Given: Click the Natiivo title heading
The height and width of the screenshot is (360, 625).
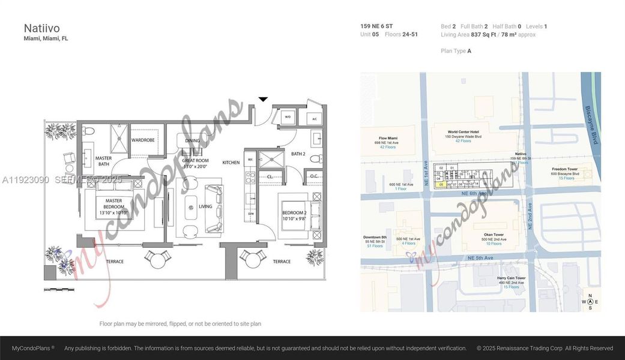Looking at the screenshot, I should click(41, 28).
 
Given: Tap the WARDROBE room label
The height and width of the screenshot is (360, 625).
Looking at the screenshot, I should click(143, 140).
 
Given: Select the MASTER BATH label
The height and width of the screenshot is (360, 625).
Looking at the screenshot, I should click(104, 161).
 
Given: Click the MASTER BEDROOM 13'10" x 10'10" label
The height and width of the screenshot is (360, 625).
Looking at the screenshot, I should click(114, 206).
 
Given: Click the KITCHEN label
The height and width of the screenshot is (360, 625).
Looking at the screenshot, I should click(231, 163).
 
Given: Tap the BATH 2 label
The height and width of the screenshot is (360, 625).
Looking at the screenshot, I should click(298, 154).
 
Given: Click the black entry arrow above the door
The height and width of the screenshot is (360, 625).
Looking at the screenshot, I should click(263, 99).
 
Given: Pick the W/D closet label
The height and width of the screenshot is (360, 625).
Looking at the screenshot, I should click(288, 118).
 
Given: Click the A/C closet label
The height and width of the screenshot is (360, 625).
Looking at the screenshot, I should click(315, 118).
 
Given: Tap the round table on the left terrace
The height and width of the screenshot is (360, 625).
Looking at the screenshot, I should click(157, 259).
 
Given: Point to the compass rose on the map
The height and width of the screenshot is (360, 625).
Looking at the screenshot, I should click(590, 302).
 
